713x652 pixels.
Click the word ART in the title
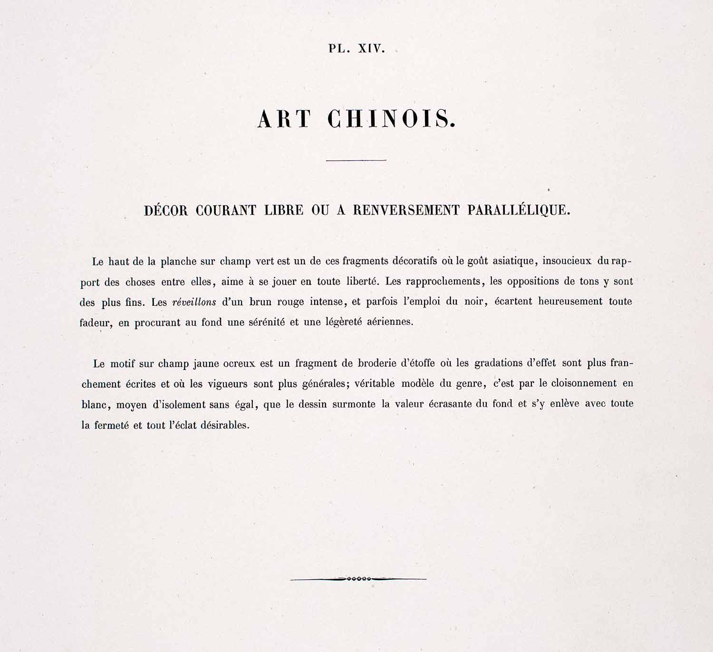[x=284, y=119]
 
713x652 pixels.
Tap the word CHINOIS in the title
[x=392, y=119]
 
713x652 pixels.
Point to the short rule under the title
[x=356, y=160]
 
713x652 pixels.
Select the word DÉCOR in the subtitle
[x=166, y=210]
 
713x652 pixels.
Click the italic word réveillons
[x=194, y=302]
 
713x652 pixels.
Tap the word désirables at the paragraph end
[x=224, y=425]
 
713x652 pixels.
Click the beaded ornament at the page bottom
[x=358, y=579]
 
